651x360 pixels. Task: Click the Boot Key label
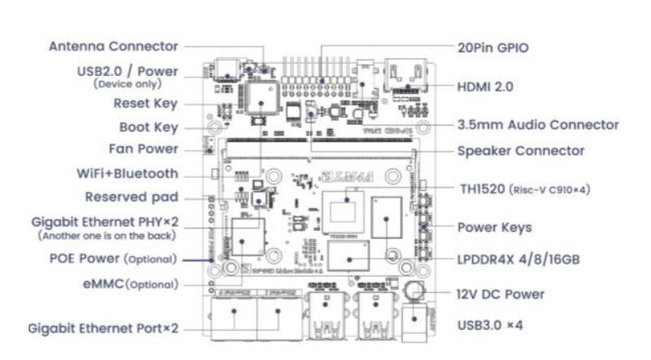[x=149, y=127]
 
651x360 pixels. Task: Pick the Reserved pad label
[x=131, y=198]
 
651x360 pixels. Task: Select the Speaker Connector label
[x=520, y=151]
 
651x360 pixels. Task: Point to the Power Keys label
[x=494, y=227]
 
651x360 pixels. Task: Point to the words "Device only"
[x=135, y=84]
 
